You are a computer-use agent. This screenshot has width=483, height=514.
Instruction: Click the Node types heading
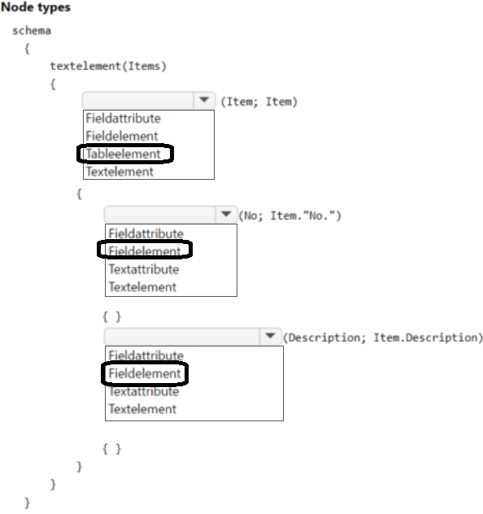36,7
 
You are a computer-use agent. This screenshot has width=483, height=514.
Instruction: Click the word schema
32,31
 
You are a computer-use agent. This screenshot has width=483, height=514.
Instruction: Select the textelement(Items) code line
108,66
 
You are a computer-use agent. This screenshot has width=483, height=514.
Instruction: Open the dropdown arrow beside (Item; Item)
204,100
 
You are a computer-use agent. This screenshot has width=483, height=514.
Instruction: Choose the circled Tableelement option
124,154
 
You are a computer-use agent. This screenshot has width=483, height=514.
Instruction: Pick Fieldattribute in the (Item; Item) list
124,119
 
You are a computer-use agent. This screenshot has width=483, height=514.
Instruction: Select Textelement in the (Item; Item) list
120,172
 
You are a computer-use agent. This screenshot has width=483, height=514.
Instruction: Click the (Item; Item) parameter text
259,102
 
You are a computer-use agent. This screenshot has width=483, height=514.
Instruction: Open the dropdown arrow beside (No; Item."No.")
226,215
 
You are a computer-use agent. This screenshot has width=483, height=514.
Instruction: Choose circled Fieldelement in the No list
145,251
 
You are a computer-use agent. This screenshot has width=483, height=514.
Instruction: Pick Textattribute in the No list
144,269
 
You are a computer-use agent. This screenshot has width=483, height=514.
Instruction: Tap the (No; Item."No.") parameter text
289,216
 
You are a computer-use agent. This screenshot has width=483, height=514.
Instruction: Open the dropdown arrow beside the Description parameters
270,336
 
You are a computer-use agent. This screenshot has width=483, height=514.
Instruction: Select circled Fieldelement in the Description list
145,373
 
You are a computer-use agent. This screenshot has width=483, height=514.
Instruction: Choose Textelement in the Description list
142,409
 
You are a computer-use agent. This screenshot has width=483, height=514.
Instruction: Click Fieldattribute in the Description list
146,355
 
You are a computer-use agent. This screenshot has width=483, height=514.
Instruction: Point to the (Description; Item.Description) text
383,338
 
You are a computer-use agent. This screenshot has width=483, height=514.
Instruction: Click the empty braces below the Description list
111,449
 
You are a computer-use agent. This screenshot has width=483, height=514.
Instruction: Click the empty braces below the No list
111,316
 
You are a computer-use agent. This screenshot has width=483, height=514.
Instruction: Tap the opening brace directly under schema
27,49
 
